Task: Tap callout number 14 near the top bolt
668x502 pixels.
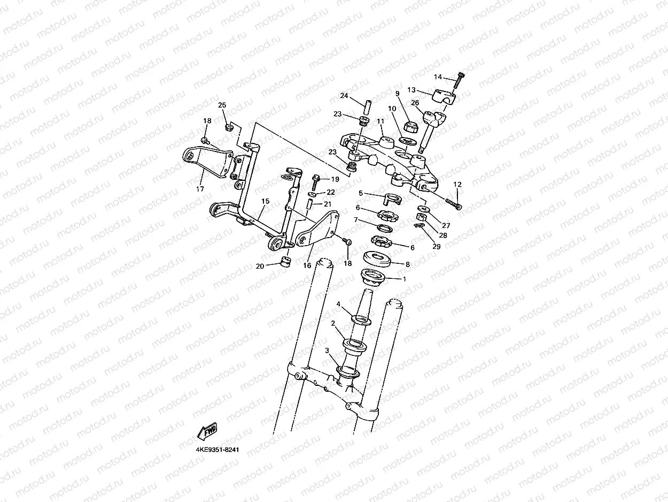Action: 438,77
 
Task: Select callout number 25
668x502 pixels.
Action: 222,105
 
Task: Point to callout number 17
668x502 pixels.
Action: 200,188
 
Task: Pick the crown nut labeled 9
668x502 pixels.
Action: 411,127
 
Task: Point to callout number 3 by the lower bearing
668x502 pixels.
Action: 327,351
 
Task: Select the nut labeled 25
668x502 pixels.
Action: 228,127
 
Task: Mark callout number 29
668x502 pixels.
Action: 437,246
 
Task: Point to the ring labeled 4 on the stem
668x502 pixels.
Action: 361,320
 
